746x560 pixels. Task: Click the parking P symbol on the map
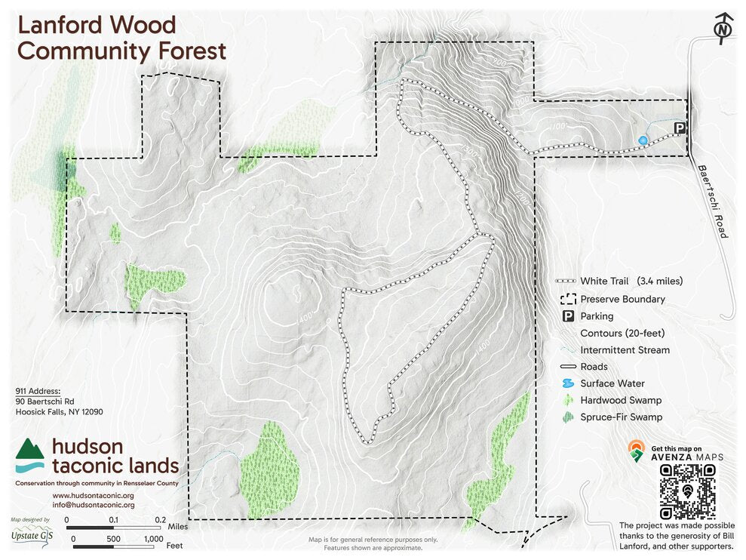point(680,128)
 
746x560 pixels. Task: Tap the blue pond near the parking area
point(642,140)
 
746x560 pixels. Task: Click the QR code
point(687,491)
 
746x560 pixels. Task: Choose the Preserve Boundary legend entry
point(622,299)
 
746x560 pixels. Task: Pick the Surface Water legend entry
point(612,383)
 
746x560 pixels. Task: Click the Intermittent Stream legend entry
point(625,350)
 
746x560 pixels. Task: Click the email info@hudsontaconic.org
point(93,504)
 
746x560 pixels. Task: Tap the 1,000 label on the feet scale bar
point(153,539)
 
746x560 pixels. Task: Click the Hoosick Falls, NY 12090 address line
point(59,412)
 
